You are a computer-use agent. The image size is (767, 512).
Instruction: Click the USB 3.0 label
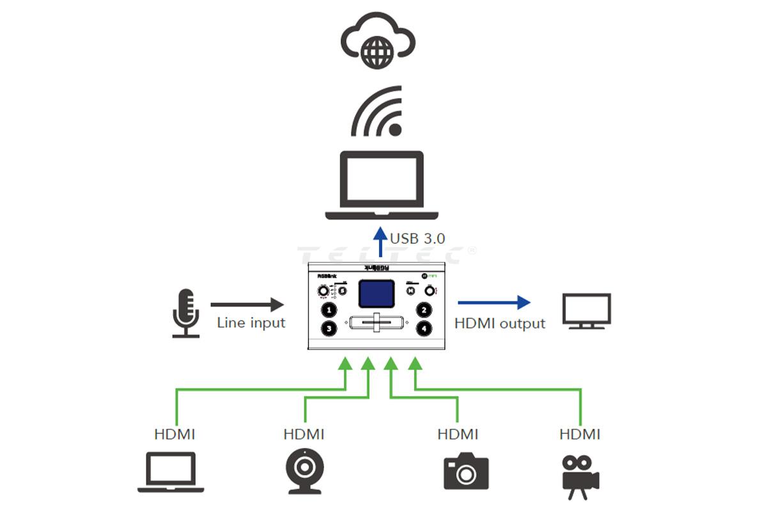(x=417, y=239)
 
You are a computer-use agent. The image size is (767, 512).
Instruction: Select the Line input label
(x=251, y=323)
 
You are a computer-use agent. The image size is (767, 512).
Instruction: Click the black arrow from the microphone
(x=247, y=305)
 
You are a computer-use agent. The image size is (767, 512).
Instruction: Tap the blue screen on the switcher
(x=376, y=294)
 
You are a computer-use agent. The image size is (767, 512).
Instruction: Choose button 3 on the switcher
(x=329, y=328)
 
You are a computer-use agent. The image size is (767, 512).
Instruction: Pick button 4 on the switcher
(x=423, y=328)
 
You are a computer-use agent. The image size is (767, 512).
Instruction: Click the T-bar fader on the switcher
(x=376, y=322)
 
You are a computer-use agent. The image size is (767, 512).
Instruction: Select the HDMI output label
(x=500, y=323)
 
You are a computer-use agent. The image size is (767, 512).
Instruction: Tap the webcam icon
(x=304, y=471)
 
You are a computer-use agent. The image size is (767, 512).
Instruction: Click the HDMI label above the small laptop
(x=174, y=435)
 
